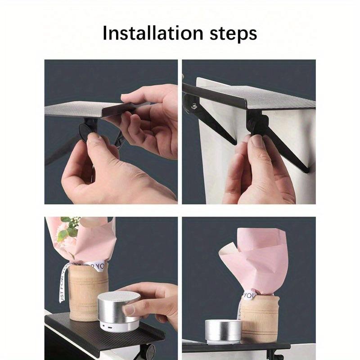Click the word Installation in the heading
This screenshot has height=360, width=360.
(151, 33)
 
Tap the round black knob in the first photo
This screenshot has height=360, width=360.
(85, 133)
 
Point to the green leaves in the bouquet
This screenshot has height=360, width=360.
(69, 229)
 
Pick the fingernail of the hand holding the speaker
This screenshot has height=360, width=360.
(130, 310)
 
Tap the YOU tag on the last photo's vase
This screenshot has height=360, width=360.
(249, 295)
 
